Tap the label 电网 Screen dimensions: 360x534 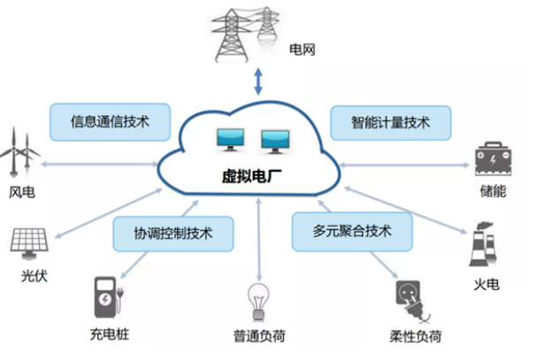pos(301,51)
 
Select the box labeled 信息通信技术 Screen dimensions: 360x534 pos(109,122)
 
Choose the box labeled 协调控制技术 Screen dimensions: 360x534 pos(172,235)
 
